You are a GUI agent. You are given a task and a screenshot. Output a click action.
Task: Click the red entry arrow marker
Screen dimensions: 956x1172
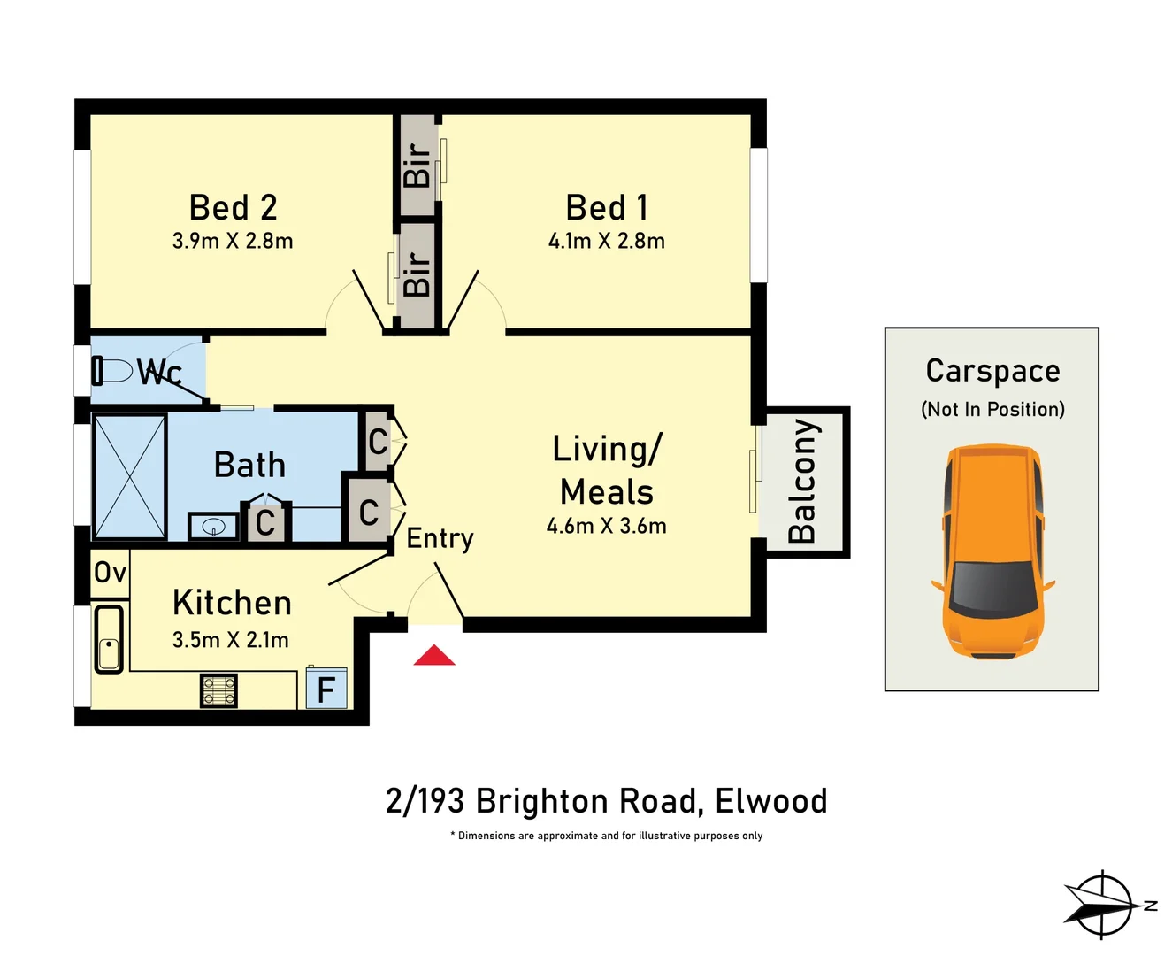pyautogui.click(x=434, y=656)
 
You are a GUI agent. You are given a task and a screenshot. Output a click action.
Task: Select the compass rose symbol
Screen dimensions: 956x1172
pyautogui.click(x=1102, y=905)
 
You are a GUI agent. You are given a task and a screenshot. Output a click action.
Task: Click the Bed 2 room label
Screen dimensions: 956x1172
pyautogui.click(x=234, y=208)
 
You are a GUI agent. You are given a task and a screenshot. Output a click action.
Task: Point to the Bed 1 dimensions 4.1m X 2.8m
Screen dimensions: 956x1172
pyautogui.click(x=606, y=241)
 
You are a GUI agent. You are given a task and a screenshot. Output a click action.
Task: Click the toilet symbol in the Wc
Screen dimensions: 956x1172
pyautogui.click(x=111, y=370)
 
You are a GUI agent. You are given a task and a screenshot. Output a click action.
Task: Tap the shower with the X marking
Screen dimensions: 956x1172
pyautogui.click(x=130, y=476)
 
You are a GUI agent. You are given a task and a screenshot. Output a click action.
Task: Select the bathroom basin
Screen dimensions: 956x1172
pyautogui.click(x=213, y=528)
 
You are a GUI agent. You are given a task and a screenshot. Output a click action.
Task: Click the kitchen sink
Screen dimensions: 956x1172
pyautogui.click(x=109, y=639)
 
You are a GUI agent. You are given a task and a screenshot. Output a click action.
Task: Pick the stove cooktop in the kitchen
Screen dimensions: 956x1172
pyautogui.click(x=219, y=690)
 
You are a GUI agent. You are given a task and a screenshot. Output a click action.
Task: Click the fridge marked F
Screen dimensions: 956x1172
pyautogui.click(x=326, y=689)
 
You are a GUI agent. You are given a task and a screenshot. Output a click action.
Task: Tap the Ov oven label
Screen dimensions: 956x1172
pyautogui.click(x=111, y=573)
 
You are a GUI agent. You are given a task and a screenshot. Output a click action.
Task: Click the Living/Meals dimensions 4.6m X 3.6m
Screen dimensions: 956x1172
pyautogui.click(x=606, y=526)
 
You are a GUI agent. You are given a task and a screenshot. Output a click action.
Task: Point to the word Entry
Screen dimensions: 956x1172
pyautogui.click(x=440, y=538)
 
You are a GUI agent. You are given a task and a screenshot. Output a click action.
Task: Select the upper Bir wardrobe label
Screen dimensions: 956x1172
pyautogui.click(x=417, y=165)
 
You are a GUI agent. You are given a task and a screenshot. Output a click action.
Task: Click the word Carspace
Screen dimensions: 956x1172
pyautogui.click(x=992, y=371)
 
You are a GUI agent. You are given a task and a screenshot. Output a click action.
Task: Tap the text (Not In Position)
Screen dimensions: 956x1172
pyautogui.click(x=992, y=409)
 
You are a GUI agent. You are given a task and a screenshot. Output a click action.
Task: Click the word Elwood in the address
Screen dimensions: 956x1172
pyautogui.click(x=770, y=801)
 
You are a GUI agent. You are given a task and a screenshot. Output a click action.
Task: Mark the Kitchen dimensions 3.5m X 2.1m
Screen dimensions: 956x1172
pyautogui.click(x=230, y=639)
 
